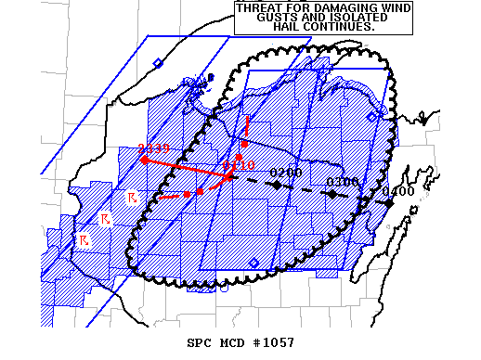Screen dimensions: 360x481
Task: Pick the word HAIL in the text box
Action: [291, 27]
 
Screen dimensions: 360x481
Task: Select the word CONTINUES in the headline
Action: [344, 27]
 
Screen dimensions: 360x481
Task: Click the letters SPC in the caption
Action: [199, 343]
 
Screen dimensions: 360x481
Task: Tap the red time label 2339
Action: [152, 148]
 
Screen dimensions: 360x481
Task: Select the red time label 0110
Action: [239, 164]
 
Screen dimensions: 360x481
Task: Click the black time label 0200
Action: [285, 174]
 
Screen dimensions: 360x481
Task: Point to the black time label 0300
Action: [343, 181]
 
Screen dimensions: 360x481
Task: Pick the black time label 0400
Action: [398, 191]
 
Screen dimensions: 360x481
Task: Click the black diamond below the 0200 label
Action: [277, 185]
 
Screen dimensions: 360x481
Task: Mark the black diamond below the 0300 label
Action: [331, 194]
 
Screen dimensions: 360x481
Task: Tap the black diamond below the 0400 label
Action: [388, 202]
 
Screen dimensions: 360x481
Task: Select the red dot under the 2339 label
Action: [144, 160]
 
